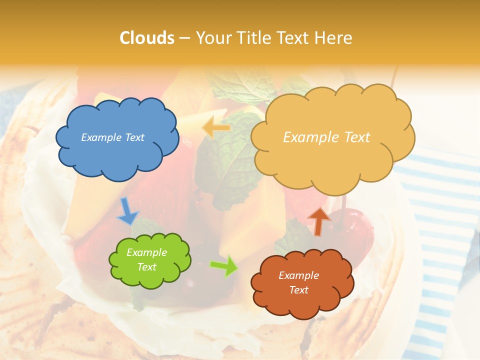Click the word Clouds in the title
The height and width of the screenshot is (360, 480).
coord(147,38)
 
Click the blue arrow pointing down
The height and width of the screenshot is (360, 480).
coord(126,210)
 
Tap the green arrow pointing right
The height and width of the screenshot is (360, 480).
coord(223,265)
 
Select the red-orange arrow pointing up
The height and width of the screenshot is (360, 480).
coord(318,220)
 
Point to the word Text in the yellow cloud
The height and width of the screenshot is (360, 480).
coord(353,137)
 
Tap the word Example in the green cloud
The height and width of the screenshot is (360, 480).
coord(146,252)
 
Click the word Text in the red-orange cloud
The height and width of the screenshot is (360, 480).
coord(298,290)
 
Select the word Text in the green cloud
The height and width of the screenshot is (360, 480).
coord(146,267)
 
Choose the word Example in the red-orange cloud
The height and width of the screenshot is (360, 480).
coord(298,275)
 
